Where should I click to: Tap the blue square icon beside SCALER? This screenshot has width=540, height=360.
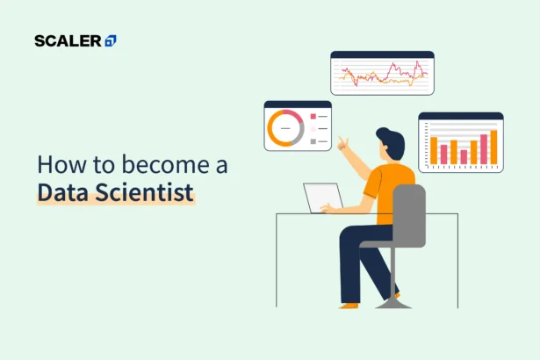tap(111, 40)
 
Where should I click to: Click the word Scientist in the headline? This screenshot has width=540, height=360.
tap(145, 192)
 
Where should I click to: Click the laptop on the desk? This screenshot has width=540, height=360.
tap(323, 198)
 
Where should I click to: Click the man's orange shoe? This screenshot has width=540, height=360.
tap(349, 304)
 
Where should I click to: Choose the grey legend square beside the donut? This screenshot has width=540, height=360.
tap(313, 140)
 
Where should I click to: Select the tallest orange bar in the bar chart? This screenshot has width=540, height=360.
tap(493, 148)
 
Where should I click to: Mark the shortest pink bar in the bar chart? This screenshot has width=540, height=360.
tap(464, 156)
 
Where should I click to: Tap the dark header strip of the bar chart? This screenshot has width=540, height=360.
tap(460, 116)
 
